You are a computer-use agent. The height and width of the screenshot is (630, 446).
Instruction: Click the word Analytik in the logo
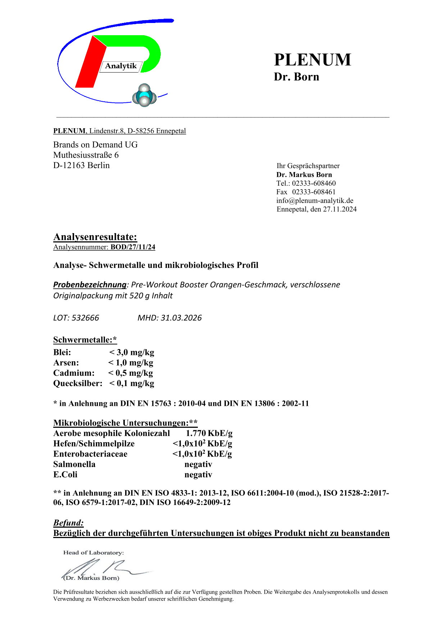pyautogui.click(x=121, y=66)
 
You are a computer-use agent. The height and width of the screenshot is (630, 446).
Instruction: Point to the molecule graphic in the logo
pyautogui.click(x=144, y=96)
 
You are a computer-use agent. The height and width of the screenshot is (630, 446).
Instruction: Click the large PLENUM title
pyautogui.click(x=312, y=60)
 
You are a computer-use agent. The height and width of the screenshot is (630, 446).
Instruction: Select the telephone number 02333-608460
pyautogui.click(x=314, y=183)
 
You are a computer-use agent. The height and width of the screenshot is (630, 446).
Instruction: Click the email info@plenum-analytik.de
pyautogui.click(x=315, y=200)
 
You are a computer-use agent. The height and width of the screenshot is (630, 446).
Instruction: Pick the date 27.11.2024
pyautogui.click(x=340, y=209)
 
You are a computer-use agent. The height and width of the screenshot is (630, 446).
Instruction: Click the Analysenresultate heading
pyautogui.click(x=95, y=237)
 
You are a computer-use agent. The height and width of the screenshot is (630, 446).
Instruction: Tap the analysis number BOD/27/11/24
pyautogui.click(x=133, y=247)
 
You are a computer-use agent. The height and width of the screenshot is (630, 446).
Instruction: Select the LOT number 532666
pyautogui.click(x=85, y=318)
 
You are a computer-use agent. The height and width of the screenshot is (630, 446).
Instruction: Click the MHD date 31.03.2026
pyautogui.click(x=181, y=318)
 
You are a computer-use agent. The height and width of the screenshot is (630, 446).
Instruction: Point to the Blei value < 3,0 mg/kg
pyautogui.click(x=132, y=352)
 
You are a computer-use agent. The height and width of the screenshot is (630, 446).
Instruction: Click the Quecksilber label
pyautogui.click(x=78, y=384)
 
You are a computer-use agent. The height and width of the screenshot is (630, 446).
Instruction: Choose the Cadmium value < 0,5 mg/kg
pyautogui.click(x=131, y=373)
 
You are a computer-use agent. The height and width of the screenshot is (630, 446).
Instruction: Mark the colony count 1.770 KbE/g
pyautogui.click(x=209, y=434)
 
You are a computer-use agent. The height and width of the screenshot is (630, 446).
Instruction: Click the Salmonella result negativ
pyautogui.click(x=198, y=464)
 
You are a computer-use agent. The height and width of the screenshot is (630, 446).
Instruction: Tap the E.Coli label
pyautogui.click(x=65, y=475)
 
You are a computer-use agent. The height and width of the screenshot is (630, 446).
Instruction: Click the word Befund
pyautogui.click(x=68, y=523)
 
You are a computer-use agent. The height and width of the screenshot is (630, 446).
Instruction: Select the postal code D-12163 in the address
pyautogui.click(x=69, y=166)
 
